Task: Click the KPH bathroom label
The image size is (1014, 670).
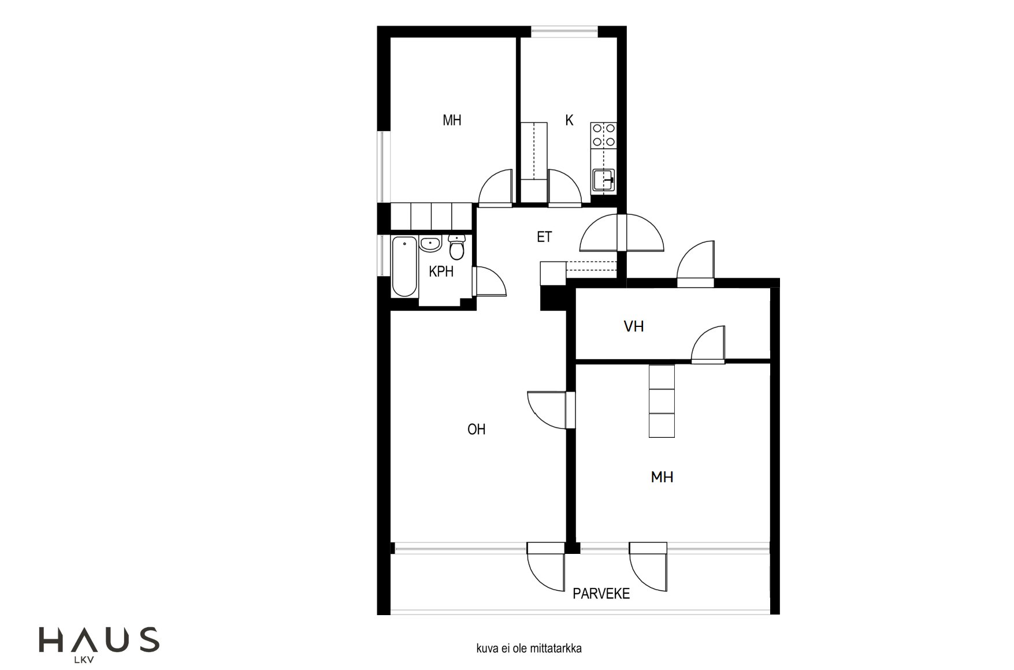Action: click(441, 271)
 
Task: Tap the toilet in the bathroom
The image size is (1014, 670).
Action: click(456, 248)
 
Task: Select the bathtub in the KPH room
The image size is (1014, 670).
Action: click(404, 266)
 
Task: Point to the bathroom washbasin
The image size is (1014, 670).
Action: click(430, 244)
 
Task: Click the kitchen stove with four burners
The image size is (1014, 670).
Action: click(604, 135)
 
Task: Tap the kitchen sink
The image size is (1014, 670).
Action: click(604, 180)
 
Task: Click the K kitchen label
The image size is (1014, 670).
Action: click(569, 120)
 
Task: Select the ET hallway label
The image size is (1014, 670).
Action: click(544, 237)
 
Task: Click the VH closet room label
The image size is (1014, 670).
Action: click(634, 326)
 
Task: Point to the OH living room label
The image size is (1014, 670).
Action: click(477, 429)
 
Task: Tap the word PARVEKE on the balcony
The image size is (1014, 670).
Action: click(601, 594)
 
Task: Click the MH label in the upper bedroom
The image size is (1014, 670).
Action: click(452, 120)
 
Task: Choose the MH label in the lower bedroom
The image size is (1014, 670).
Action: click(662, 477)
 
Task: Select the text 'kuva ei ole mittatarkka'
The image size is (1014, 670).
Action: click(529, 649)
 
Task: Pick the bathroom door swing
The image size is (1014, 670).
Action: click(489, 281)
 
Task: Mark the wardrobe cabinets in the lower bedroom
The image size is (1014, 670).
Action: click(662, 401)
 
